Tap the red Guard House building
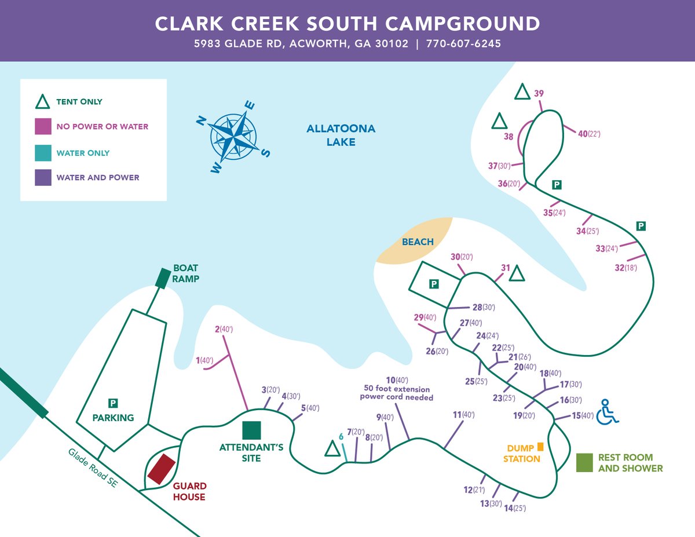(x=162, y=469)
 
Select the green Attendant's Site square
(x=251, y=430)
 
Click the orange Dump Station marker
(x=540, y=447)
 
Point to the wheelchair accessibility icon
(x=606, y=412)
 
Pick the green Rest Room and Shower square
(x=585, y=462)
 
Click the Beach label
(x=417, y=242)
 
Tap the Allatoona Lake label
(x=341, y=135)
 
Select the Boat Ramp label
(x=185, y=273)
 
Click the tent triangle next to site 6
(x=332, y=449)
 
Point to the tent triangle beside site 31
(x=517, y=273)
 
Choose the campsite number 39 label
(x=539, y=93)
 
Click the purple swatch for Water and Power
(x=43, y=177)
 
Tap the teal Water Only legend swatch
(x=43, y=153)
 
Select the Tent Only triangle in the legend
(x=43, y=103)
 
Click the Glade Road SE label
(x=93, y=467)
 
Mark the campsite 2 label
(x=224, y=329)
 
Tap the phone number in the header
(x=463, y=43)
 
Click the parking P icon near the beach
(x=434, y=284)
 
